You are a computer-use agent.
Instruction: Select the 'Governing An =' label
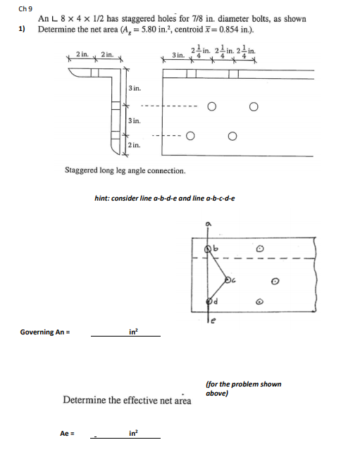click(x=46, y=332)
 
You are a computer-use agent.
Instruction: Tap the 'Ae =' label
click(x=68, y=433)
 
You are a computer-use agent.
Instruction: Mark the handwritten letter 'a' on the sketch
click(x=207, y=224)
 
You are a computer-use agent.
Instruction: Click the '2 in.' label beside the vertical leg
click(x=133, y=145)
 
